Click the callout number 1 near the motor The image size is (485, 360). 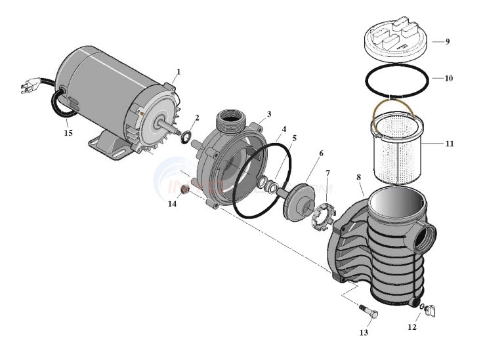click(178, 71)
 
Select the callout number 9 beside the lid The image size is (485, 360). click(447, 41)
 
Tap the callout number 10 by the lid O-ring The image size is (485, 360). click(448, 78)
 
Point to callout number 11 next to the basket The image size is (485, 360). click(448, 142)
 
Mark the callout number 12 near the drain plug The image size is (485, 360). click(411, 325)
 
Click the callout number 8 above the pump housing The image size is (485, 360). click(359, 176)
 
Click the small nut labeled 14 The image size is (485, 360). click(185, 190)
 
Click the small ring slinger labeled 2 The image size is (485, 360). click(186, 136)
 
